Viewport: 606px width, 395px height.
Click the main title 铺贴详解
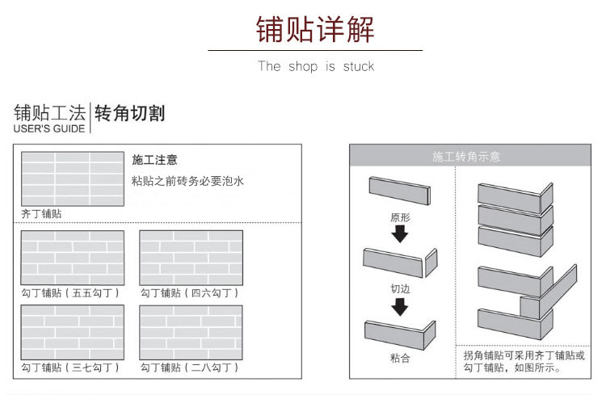pyautogui.click(x=315, y=30)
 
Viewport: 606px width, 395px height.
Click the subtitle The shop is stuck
pyautogui.click(x=315, y=66)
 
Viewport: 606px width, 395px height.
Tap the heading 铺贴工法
pyautogui.click(x=49, y=112)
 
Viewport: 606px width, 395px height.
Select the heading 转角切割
pyautogui.click(x=130, y=112)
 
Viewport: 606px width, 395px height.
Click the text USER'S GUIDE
pyautogui.click(x=48, y=128)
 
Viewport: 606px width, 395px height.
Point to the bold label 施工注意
pyautogui.click(x=154, y=160)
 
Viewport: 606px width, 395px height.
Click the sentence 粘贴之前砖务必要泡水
pyautogui.click(x=187, y=181)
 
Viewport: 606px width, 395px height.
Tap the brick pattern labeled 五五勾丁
pyautogui.click(x=72, y=258)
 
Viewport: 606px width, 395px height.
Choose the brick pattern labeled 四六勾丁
pyautogui.click(x=191, y=258)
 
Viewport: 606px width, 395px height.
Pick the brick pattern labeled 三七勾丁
pyautogui.click(x=72, y=331)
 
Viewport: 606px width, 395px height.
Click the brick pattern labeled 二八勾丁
pyautogui.click(x=191, y=331)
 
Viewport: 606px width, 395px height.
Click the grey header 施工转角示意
pyautogui.click(x=466, y=156)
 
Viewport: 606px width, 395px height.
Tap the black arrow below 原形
pyautogui.click(x=400, y=233)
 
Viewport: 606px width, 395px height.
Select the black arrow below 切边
pyautogui.click(x=400, y=306)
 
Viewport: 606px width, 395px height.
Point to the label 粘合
pyautogui.click(x=400, y=358)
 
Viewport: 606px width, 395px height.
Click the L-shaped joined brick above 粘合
pyautogui.click(x=400, y=331)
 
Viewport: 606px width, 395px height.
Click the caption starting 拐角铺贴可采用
pyautogui.click(x=524, y=361)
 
